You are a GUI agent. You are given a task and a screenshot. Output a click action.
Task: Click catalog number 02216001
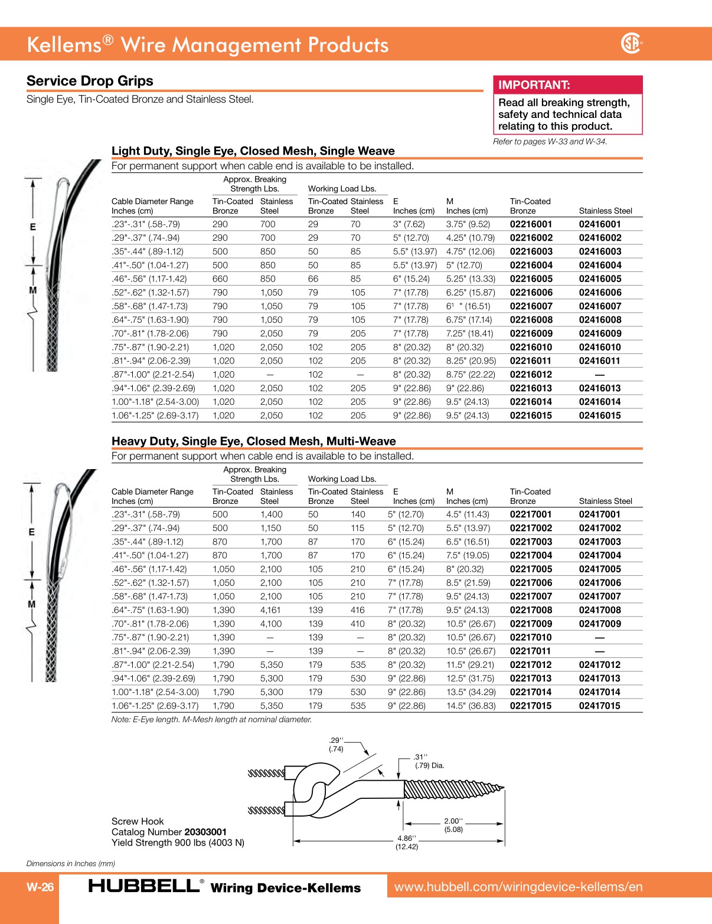click(531, 224)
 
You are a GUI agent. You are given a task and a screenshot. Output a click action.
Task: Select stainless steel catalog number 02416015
click(600, 415)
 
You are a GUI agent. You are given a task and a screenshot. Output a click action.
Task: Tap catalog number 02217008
click(531, 610)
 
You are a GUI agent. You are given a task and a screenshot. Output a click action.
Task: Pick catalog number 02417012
click(600, 665)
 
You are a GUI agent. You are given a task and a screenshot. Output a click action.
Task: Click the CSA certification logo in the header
click(631, 44)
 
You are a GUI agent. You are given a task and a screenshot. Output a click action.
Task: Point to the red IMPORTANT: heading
click(534, 85)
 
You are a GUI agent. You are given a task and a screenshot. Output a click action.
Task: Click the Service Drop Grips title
click(90, 81)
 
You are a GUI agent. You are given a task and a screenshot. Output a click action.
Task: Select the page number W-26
click(40, 887)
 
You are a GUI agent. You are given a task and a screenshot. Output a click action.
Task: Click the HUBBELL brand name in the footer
click(144, 886)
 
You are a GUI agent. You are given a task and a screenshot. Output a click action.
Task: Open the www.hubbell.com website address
click(518, 887)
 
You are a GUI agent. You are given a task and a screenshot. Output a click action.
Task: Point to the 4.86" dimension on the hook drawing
click(406, 838)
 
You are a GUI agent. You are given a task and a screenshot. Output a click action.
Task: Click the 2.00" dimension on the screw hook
click(453, 821)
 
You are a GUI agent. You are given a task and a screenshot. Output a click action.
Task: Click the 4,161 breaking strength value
click(271, 610)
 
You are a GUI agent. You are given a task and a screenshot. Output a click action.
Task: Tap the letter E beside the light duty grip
click(33, 227)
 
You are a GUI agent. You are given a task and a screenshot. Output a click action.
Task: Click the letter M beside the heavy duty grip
click(32, 604)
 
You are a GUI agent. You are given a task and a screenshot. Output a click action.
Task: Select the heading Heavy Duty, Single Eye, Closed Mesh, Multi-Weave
click(253, 441)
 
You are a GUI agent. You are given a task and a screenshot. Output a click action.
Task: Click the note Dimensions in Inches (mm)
click(71, 864)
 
